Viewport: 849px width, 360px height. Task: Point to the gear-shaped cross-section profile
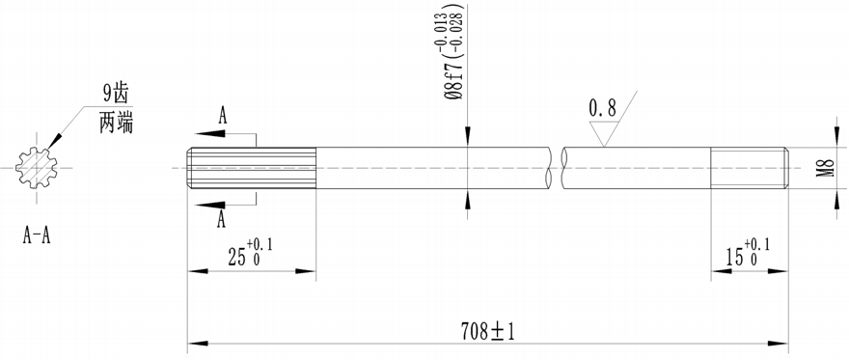pyautogui.click(x=37, y=168)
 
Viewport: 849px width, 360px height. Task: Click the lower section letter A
pyautogui.click(x=223, y=220)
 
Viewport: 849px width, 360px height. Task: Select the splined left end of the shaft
pyautogui.click(x=251, y=168)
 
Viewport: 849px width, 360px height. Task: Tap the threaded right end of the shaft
pyautogui.click(x=750, y=168)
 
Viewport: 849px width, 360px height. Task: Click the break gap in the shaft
pyautogui.click(x=556, y=168)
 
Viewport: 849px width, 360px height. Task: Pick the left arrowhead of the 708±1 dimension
pyautogui.click(x=195, y=343)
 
